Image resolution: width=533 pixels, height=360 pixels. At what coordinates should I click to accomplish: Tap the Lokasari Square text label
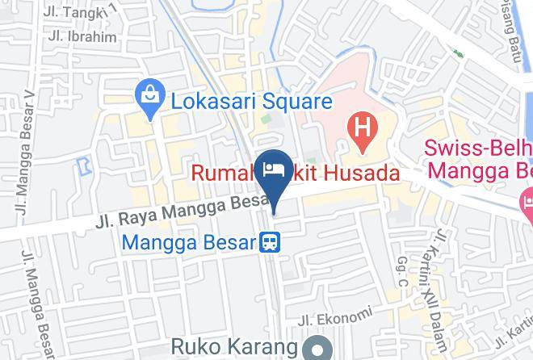tap(251, 102)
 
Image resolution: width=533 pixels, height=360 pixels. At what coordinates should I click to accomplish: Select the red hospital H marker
tap(362, 129)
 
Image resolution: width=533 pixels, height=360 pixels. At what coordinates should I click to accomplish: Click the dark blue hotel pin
tap(274, 171)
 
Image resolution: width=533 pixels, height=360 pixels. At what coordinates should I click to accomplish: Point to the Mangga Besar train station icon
tap(269, 241)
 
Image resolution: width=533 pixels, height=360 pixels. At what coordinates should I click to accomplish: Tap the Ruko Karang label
tap(234, 347)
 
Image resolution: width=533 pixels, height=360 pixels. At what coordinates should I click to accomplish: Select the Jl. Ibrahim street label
tap(82, 36)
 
